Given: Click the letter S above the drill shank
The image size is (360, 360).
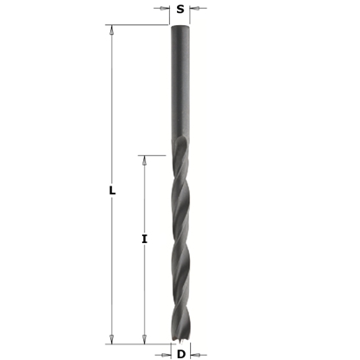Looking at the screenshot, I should click(x=180, y=10).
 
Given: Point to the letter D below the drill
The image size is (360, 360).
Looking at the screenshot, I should click(x=180, y=353).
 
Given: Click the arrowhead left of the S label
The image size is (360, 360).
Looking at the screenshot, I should click(x=165, y=10).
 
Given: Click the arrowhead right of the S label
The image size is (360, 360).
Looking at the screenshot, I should click(x=194, y=10).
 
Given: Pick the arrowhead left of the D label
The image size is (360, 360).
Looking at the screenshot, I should click(x=166, y=353).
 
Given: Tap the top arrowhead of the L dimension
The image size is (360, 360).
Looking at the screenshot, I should click(x=112, y=29).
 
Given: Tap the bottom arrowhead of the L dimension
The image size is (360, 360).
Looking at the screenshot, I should click(x=112, y=340).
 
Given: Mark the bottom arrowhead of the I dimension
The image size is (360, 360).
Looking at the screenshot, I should click(x=145, y=340).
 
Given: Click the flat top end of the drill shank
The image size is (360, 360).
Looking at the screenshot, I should click(x=180, y=25).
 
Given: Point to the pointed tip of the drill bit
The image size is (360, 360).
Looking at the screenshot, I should click(x=180, y=343).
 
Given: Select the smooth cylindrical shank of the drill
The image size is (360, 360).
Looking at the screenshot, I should click(x=180, y=87).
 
